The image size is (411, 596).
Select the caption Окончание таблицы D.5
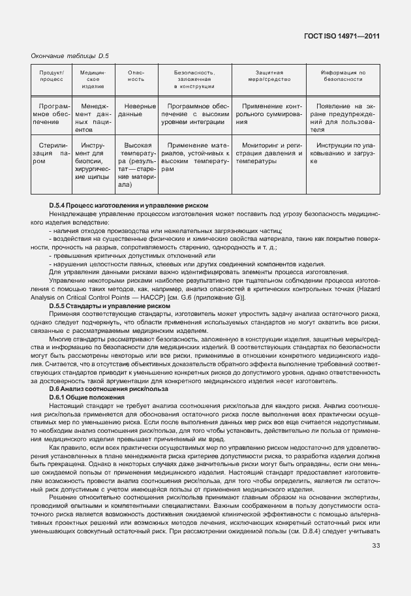(70, 57)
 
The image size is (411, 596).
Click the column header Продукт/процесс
(52, 76)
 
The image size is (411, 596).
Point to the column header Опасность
(136, 76)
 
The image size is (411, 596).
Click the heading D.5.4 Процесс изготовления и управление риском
(129, 205)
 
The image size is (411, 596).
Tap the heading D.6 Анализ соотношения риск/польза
(108, 389)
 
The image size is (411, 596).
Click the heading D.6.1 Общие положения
(87, 398)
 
